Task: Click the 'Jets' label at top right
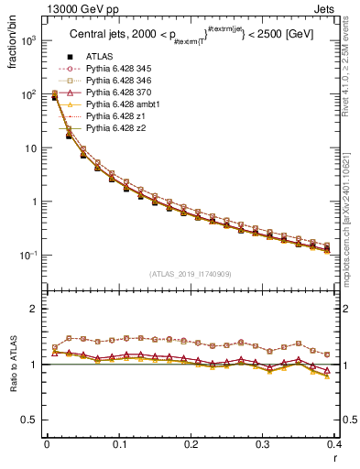tap(325, 8)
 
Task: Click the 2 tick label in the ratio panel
tap(34, 310)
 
